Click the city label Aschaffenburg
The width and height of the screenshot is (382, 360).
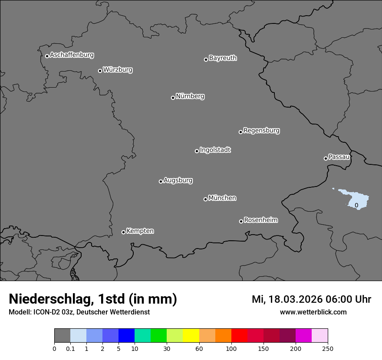pos(72,55)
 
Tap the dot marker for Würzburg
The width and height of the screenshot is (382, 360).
pos(100,71)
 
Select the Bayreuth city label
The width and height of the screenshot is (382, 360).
pos(223,58)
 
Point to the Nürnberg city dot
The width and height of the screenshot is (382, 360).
pos(173,98)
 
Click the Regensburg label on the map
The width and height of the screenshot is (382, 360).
pos(261,131)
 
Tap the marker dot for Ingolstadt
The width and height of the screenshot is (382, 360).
pos(197,151)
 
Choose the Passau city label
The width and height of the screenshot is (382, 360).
pos(339,157)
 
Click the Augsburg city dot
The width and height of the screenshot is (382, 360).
pos(161,181)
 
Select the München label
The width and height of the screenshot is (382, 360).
pos(222,198)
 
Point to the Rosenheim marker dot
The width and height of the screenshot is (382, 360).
pos(241,221)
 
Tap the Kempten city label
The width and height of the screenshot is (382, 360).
pos(140,231)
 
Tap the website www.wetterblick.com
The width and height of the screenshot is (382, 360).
pos(313,312)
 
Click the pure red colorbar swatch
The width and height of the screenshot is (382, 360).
pos(239,336)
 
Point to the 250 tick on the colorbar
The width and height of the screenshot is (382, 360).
pos(328,348)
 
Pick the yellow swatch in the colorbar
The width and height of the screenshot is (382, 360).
pos(191,336)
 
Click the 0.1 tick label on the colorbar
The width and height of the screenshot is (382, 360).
pos(70,348)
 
